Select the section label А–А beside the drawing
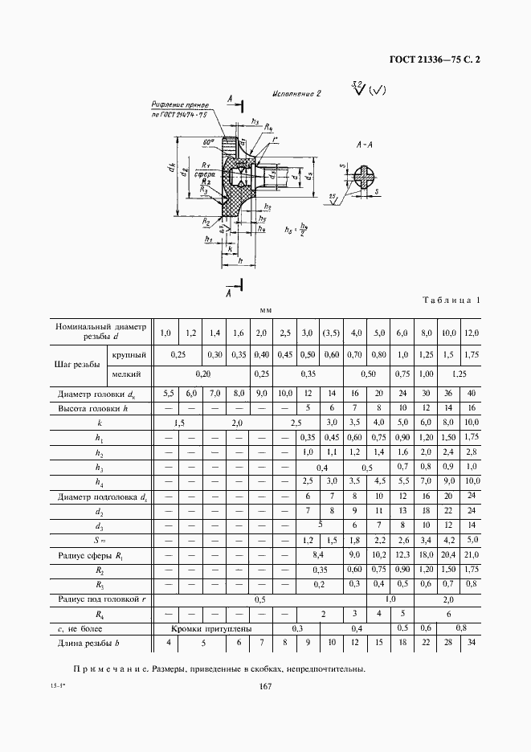pos(366,145)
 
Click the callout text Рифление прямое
pos(181,105)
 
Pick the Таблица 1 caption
pos(451,300)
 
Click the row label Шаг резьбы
pos(79,364)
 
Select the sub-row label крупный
pos(129,354)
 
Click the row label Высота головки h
pos(92,408)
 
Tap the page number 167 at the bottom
pos(265,686)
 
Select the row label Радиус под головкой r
pos(98,599)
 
